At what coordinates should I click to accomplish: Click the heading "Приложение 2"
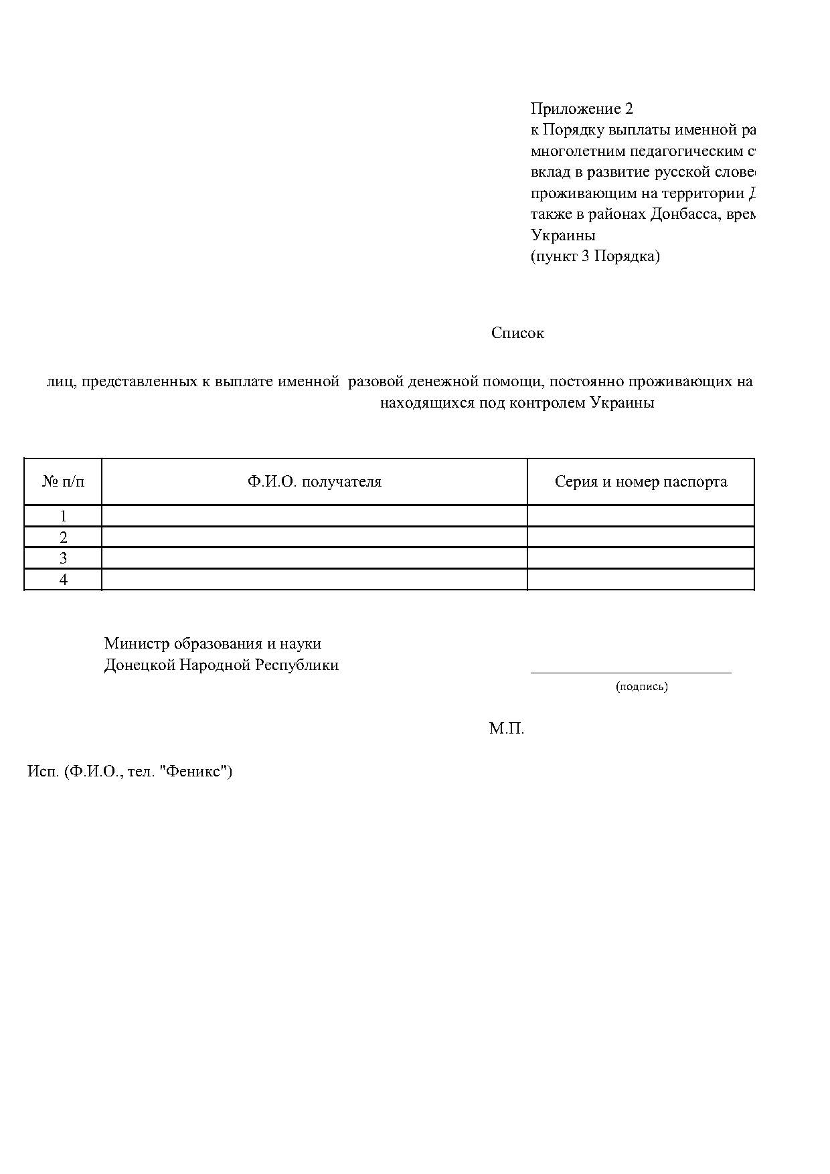(581, 108)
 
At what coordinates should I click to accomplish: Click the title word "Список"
(517, 333)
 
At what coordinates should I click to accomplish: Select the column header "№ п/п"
(63, 482)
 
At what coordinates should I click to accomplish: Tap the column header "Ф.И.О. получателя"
(314, 482)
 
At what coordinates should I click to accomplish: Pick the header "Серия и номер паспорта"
(641, 482)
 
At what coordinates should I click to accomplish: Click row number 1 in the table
(63, 516)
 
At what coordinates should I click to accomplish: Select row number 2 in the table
(63, 537)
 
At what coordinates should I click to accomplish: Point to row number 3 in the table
(63, 558)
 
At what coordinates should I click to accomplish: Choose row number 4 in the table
(63, 580)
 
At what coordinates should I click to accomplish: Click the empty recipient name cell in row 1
(314, 516)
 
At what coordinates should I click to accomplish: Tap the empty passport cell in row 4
(641, 580)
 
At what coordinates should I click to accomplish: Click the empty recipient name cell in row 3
(314, 558)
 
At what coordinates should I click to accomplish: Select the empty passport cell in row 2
(641, 537)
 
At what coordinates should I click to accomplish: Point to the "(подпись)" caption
(641, 686)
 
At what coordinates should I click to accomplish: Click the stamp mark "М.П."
(506, 729)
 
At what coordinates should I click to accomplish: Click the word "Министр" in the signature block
(137, 644)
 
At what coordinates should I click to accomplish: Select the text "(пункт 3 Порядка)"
(595, 256)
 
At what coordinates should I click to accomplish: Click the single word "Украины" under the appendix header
(563, 236)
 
